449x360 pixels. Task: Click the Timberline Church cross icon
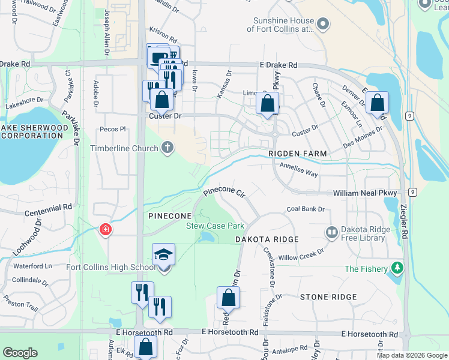167,148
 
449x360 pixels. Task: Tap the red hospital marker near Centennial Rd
106,230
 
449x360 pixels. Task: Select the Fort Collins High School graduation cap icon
163,254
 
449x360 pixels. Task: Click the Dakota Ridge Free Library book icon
331,232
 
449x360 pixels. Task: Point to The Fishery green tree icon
396,269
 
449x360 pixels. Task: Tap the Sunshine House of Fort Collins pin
323,24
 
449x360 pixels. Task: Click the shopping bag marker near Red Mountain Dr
228,297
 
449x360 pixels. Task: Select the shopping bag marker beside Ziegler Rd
377,103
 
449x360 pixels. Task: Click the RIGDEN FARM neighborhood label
298,154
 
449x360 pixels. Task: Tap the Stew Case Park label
215,226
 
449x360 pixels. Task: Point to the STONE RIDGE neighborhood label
328,297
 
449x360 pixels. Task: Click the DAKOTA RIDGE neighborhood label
267,239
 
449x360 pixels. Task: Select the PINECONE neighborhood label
170,215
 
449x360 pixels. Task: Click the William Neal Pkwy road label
366,193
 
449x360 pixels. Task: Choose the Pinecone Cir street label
224,193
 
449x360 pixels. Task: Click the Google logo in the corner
20,353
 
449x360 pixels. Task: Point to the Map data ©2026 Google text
411,355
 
